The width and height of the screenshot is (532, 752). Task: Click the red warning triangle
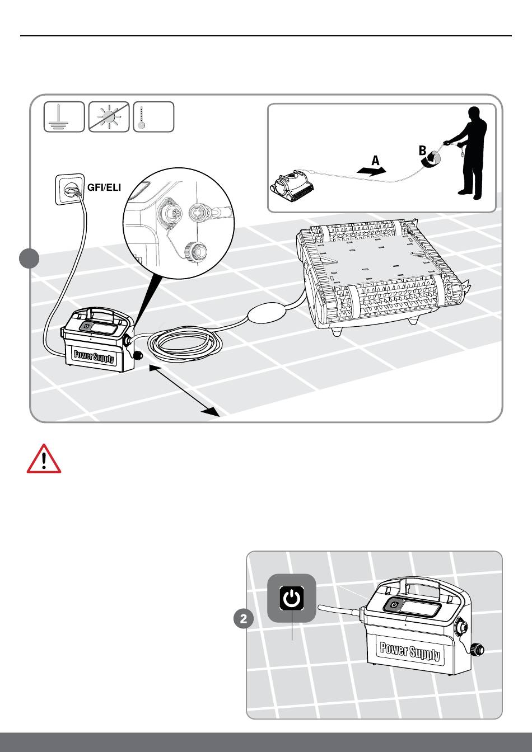(x=44, y=460)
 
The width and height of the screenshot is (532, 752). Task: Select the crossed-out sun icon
(x=109, y=117)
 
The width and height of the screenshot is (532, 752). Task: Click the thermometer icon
(x=153, y=117)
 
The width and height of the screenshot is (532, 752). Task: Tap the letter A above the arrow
(x=375, y=161)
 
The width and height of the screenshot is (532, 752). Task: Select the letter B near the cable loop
(x=423, y=151)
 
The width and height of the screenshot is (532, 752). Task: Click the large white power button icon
(x=291, y=598)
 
